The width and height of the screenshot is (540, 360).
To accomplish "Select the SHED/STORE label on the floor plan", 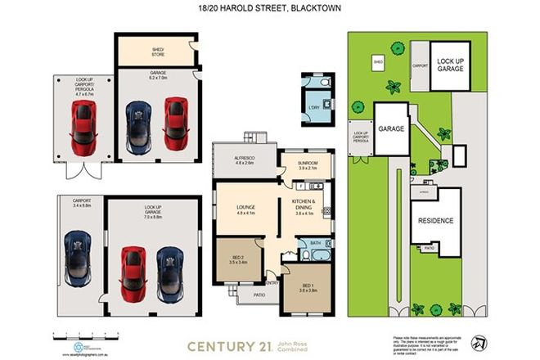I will [157, 51].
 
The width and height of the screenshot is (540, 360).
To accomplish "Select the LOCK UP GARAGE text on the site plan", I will [450, 65].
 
